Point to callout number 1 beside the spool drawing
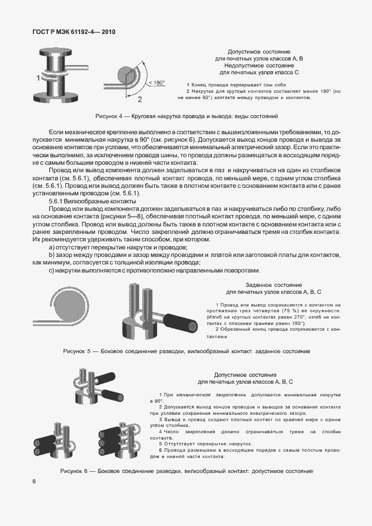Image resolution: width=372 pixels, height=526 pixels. coord(38,77)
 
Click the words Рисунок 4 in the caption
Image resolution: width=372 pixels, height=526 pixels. coord(109,116)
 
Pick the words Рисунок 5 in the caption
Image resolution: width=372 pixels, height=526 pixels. coord(77,351)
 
